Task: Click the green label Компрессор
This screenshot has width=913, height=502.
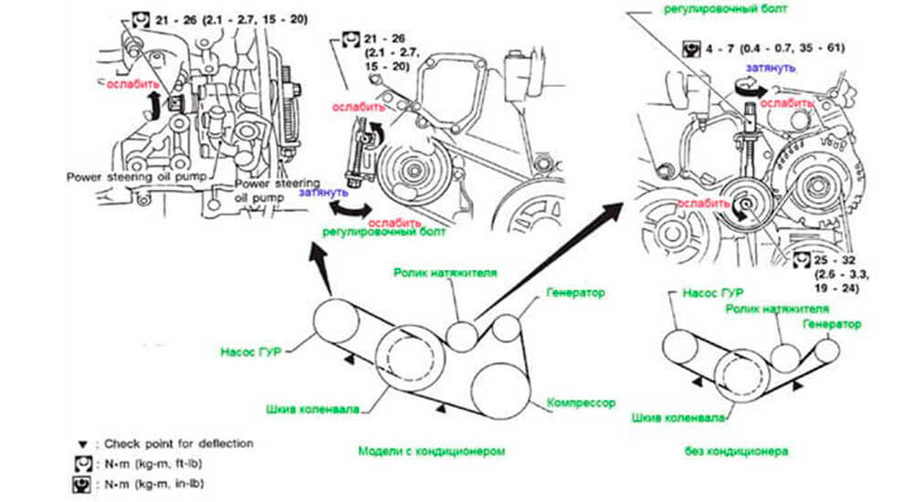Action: [581, 403]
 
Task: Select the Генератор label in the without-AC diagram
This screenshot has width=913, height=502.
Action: [833, 324]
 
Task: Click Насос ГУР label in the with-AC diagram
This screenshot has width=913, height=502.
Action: [248, 350]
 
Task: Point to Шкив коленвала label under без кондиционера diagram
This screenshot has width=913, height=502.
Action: [678, 418]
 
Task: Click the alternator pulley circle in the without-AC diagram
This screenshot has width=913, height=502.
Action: [828, 349]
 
